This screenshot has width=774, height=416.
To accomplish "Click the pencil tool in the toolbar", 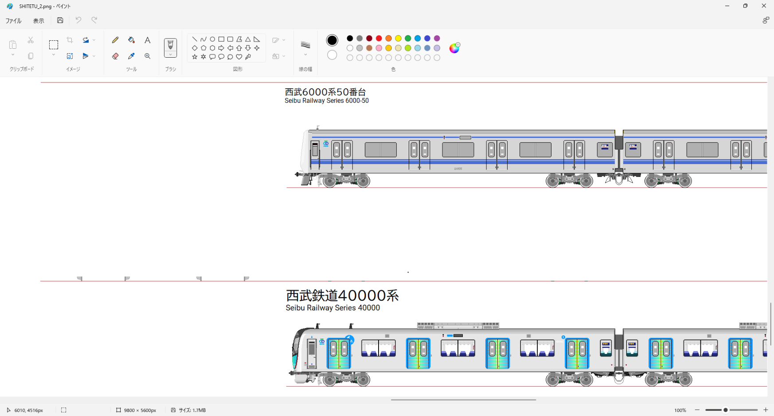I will (115, 40).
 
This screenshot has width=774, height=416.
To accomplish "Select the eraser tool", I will (115, 56).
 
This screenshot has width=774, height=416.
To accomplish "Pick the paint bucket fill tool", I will (131, 40).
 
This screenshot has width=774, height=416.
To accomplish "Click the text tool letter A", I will (148, 40).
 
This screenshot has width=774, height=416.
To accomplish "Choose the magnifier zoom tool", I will (148, 56).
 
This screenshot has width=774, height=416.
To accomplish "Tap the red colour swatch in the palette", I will (379, 39).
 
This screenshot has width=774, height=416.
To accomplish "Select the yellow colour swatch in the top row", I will (398, 39).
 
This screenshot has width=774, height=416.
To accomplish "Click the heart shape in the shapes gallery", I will (239, 57).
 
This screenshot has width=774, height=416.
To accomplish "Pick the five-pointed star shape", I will (195, 57).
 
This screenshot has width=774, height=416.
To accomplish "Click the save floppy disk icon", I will (60, 20).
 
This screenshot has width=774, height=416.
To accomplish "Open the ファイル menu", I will (13, 21).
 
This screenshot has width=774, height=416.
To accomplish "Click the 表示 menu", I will (39, 21).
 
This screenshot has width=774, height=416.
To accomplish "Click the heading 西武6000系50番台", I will (325, 92).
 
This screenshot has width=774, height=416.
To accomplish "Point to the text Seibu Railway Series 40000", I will (332, 308).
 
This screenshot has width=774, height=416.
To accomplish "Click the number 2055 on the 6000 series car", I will (458, 169).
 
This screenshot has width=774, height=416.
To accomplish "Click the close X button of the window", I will (764, 6).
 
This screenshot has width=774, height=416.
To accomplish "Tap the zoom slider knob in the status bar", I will (726, 410).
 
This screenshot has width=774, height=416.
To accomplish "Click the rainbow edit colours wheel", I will (454, 48).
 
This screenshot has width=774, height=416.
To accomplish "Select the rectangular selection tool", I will (54, 45).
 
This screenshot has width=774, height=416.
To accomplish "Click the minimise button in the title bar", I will (727, 6).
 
